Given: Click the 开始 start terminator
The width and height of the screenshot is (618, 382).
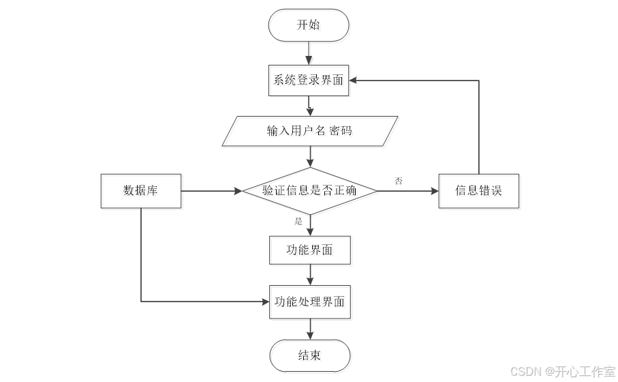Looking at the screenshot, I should (x=309, y=25).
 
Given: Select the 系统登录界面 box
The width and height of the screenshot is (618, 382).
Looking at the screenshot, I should (x=309, y=80).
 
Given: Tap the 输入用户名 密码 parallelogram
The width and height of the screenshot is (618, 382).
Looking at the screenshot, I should (x=310, y=131).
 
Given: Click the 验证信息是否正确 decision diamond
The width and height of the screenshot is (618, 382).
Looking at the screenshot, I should (x=310, y=190).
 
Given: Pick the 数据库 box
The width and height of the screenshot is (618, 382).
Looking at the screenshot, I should (x=140, y=190).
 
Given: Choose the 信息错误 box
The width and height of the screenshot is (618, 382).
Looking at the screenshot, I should (x=478, y=190).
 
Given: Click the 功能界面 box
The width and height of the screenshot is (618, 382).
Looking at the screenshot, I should (x=310, y=250).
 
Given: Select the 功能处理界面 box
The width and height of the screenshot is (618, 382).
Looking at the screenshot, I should (x=310, y=302).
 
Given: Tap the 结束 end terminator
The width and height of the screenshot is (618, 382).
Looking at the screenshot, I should (x=310, y=355).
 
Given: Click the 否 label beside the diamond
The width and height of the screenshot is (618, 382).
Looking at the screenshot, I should (x=399, y=181).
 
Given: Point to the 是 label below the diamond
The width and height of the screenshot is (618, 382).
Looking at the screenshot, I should (x=298, y=222).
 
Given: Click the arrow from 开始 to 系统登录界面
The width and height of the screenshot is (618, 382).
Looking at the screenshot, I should (x=310, y=52).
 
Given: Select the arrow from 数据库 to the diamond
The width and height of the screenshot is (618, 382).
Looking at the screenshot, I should (x=211, y=190).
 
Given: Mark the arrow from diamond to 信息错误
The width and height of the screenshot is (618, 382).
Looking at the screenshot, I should (x=407, y=190).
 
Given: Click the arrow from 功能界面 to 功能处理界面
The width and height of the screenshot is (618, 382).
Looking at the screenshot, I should (x=310, y=275).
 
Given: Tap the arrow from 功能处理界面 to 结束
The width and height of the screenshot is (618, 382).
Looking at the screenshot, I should (x=310, y=329).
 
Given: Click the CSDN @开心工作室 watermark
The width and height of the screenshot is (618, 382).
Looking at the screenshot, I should (x=562, y=371).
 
